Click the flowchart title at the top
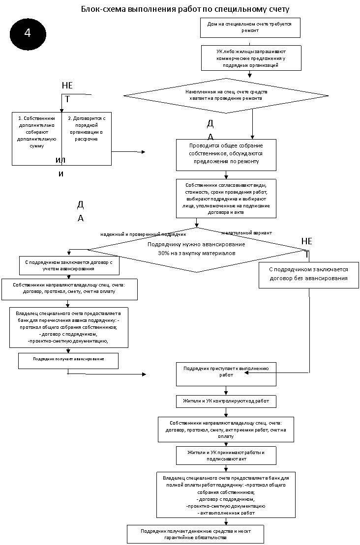[x=185, y=9]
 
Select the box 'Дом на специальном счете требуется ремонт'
[x=250, y=28]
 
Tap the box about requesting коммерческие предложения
[x=251, y=58]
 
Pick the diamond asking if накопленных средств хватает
[x=226, y=95]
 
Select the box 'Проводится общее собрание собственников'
[x=226, y=155]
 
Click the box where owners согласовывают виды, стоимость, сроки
[x=226, y=199]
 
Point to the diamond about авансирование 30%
[x=197, y=250]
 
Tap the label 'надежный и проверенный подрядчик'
[x=143, y=234]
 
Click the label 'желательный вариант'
[x=246, y=233]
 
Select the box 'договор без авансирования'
[x=308, y=275]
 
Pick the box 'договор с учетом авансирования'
[x=69, y=265]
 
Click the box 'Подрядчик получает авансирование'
[x=68, y=361]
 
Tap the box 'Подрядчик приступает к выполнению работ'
[x=226, y=374]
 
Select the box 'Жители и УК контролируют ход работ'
[x=226, y=401]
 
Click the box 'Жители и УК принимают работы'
[x=226, y=456]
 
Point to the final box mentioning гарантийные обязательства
[x=195, y=534]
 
